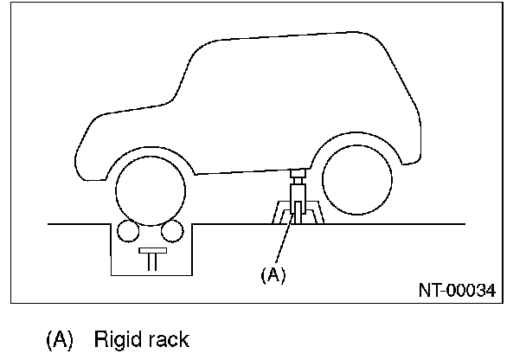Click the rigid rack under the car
pyautogui.click(x=298, y=204)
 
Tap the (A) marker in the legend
pyautogui.click(x=61, y=338)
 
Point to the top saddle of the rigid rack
pyautogui.click(x=298, y=173)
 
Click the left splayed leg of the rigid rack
pyautogui.click(x=279, y=213)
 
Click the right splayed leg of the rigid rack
pyautogui.click(x=316, y=213)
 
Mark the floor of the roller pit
pyautogui.click(x=152, y=274)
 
